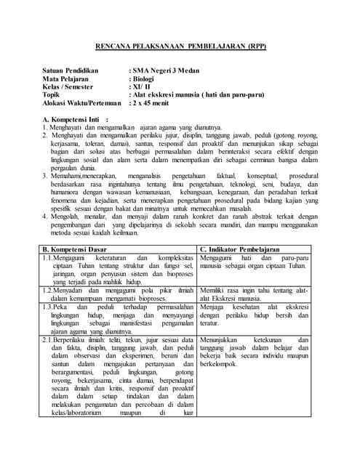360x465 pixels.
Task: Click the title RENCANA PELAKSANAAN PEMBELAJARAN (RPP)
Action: [182, 46]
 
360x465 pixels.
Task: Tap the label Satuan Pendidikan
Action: [73, 70]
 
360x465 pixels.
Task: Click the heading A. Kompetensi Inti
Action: [75, 119]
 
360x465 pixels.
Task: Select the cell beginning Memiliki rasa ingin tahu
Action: [254, 294]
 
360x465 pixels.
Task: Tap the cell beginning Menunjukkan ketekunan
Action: [254, 351]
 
